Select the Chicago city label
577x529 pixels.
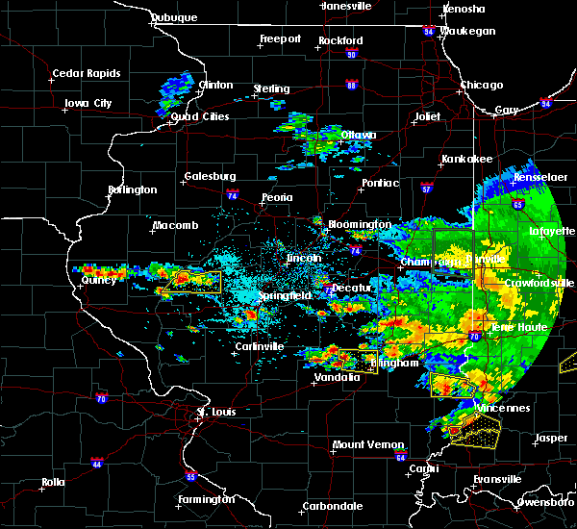[481, 85]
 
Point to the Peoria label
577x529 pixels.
[277, 197]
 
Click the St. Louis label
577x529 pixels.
[216, 412]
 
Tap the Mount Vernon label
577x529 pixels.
[361, 444]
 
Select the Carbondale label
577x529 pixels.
[333, 505]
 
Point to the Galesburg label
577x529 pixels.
[211, 176]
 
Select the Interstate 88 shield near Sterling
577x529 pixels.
[352, 86]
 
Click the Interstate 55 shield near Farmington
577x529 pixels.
[191, 477]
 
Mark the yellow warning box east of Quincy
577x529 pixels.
[191, 282]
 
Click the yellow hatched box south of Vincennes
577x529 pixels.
[475, 430]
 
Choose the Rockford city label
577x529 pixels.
[340, 40]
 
